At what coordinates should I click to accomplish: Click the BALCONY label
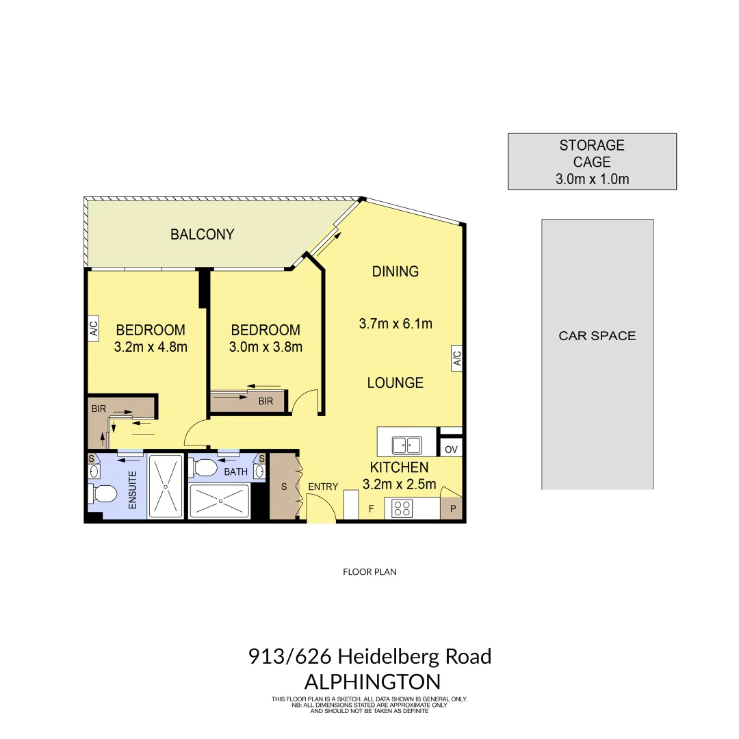pyautogui.click(x=202, y=235)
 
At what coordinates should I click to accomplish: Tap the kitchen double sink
pyautogui.click(x=406, y=445)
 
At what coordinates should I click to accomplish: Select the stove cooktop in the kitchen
pyautogui.click(x=402, y=508)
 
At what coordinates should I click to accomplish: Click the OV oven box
pyautogui.click(x=450, y=450)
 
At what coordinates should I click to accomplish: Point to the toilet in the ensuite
pyautogui.click(x=103, y=493)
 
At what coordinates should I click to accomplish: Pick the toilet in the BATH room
pyautogui.click(x=205, y=468)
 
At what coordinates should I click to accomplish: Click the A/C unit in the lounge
pyautogui.click(x=456, y=359)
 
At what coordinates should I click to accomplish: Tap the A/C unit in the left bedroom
pyautogui.click(x=94, y=328)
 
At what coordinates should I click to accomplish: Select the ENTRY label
pyautogui.click(x=323, y=487)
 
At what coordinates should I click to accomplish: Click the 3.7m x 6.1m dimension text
pyautogui.click(x=396, y=324)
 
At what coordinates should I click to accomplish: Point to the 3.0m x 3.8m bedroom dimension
pyautogui.click(x=265, y=347)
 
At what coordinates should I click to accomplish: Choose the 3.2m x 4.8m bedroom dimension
pyautogui.click(x=151, y=347)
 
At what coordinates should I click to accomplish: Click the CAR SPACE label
pyautogui.click(x=597, y=336)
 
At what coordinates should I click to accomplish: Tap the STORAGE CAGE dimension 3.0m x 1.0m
pyautogui.click(x=592, y=180)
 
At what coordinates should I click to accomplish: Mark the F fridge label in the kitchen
pyautogui.click(x=372, y=508)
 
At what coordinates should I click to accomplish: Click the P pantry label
pyautogui.click(x=452, y=509)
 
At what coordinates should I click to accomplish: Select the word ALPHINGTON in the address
pyautogui.click(x=372, y=682)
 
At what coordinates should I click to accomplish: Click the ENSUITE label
pyautogui.click(x=133, y=490)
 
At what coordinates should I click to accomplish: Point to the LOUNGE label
pyautogui.click(x=396, y=383)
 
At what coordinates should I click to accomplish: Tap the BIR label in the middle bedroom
pyautogui.click(x=265, y=401)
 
